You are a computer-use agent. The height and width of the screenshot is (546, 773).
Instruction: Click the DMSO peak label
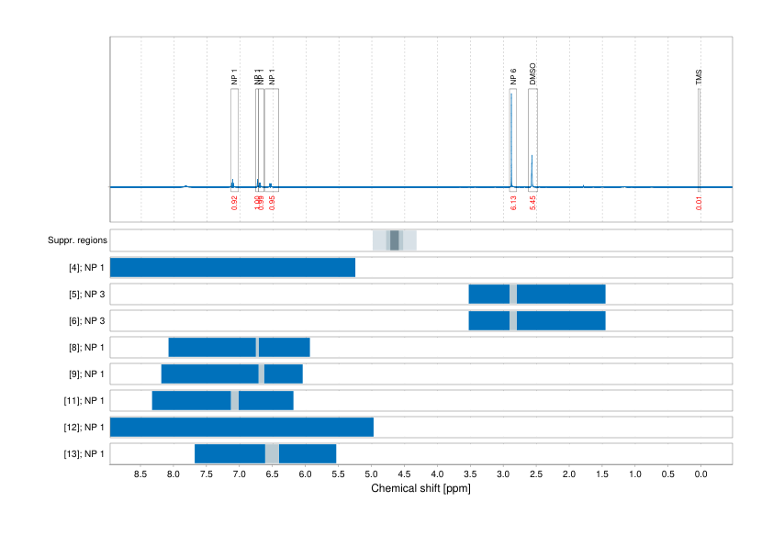[x=532, y=74]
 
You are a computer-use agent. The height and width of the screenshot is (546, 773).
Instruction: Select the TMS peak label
[x=699, y=78]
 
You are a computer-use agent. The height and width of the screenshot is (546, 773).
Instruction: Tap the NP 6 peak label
[x=513, y=77]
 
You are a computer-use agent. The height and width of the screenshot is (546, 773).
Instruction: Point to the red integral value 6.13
[x=513, y=202]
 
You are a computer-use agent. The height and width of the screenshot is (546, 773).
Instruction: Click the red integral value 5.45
[x=532, y=202]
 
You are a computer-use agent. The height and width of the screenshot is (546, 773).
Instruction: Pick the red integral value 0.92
[x=235, y=202]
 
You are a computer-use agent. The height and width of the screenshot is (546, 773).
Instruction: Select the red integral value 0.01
[x=699, y=202]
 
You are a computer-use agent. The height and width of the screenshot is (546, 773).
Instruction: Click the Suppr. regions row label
[x=78, y=240]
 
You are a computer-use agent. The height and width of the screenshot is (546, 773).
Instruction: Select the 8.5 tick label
[x=141, y=474]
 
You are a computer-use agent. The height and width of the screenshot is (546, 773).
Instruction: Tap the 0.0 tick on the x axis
[x=700, y=474]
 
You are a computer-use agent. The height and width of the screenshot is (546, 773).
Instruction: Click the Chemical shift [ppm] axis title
[x=420, y=489]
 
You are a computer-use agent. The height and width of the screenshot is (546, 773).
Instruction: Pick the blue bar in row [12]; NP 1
[x=241, y=428]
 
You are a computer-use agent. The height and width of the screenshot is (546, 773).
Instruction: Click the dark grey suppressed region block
[x=395, y=240]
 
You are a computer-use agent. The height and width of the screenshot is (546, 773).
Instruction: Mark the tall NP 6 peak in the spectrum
[x=511, y=138]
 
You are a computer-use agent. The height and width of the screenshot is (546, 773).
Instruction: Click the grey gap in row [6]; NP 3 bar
[x=513, y=321]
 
